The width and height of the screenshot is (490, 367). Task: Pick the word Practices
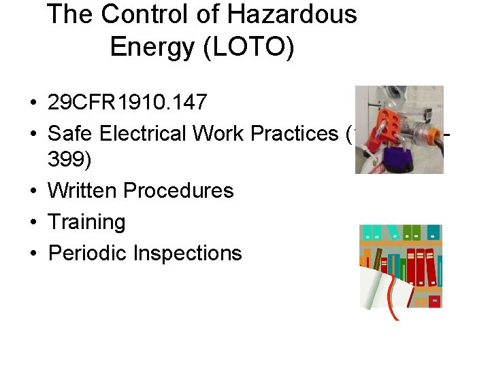pyautogui.click(x=297, y=134)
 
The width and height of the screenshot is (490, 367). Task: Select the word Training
pyautogui.click(x=86, y=222)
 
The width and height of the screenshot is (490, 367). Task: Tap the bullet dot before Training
pyautogui.click(x=33, y=223)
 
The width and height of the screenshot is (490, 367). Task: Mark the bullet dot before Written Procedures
pyautogui.click(x=33, y=191)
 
